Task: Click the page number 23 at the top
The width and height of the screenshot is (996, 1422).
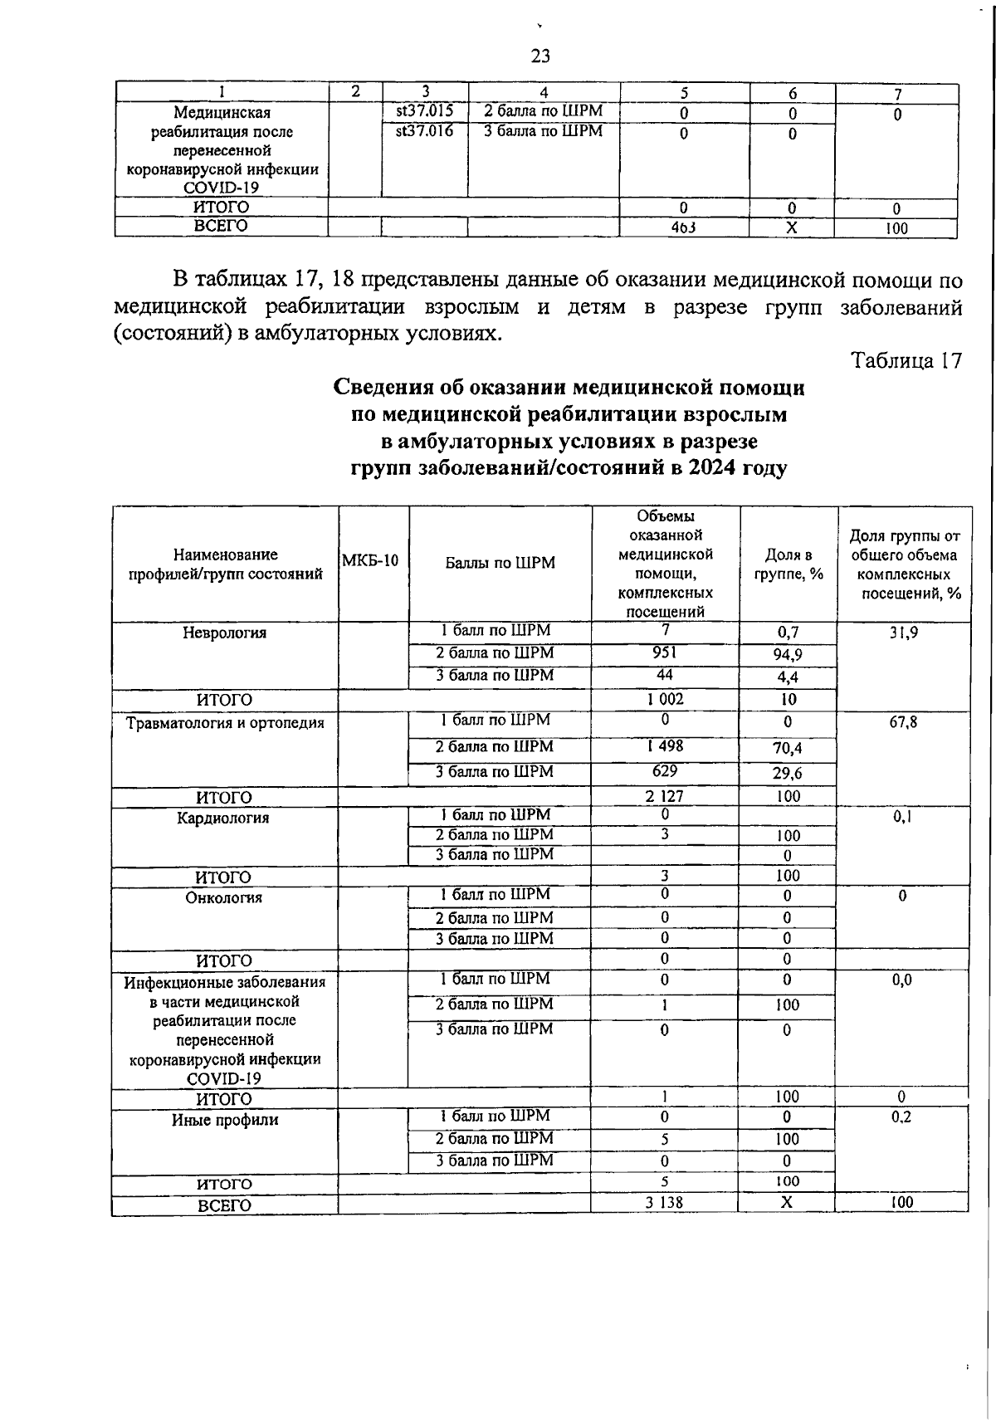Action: pyautogui.click(x=539, y=56)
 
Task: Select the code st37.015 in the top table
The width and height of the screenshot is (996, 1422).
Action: pyautogui.click(x=424, y=110)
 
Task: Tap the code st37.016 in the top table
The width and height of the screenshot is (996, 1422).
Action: pyautogui.click(x=424, y=130)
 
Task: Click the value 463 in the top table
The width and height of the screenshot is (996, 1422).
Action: pyautogui.click(x=683, y=227)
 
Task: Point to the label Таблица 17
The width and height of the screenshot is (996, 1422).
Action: pyautogui.click(x=906, y=361)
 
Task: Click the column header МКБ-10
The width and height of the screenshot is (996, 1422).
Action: pyautogui.click(x=371, y=560)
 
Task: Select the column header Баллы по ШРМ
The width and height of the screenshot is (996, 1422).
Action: pyautogui.click(x=500, y=563)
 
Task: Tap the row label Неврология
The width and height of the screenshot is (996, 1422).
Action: pyautogui.click(x=225, y=633)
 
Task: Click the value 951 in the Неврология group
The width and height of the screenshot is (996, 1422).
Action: pyautogui.click(x=665, y=652)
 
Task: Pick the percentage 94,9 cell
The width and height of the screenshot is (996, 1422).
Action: pyautogui.click(x=788, y=655)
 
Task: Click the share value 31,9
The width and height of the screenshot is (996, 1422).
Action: pyautogui.click(x=903, y=633)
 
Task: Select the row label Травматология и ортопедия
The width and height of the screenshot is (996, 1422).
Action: pyautogui.click(x=225, y=722)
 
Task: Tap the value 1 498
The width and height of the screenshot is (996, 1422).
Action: pyautogui.click(x=665, y=746)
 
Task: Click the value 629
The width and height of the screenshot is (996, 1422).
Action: pyautogui.click(x=665, y=771)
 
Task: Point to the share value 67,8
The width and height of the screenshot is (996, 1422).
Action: pyautogui.click(x=903, y=722)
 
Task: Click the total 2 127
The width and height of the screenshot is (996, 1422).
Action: pyautogui.click(x=665, y=796)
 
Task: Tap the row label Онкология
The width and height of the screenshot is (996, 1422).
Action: pyautogui.click(x=224, y=897)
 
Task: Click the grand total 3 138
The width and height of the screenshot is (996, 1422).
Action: pyautogui.click(x=665, y=1202)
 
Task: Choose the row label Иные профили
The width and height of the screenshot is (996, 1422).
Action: pyautogui.click(x=225, y=1120)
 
